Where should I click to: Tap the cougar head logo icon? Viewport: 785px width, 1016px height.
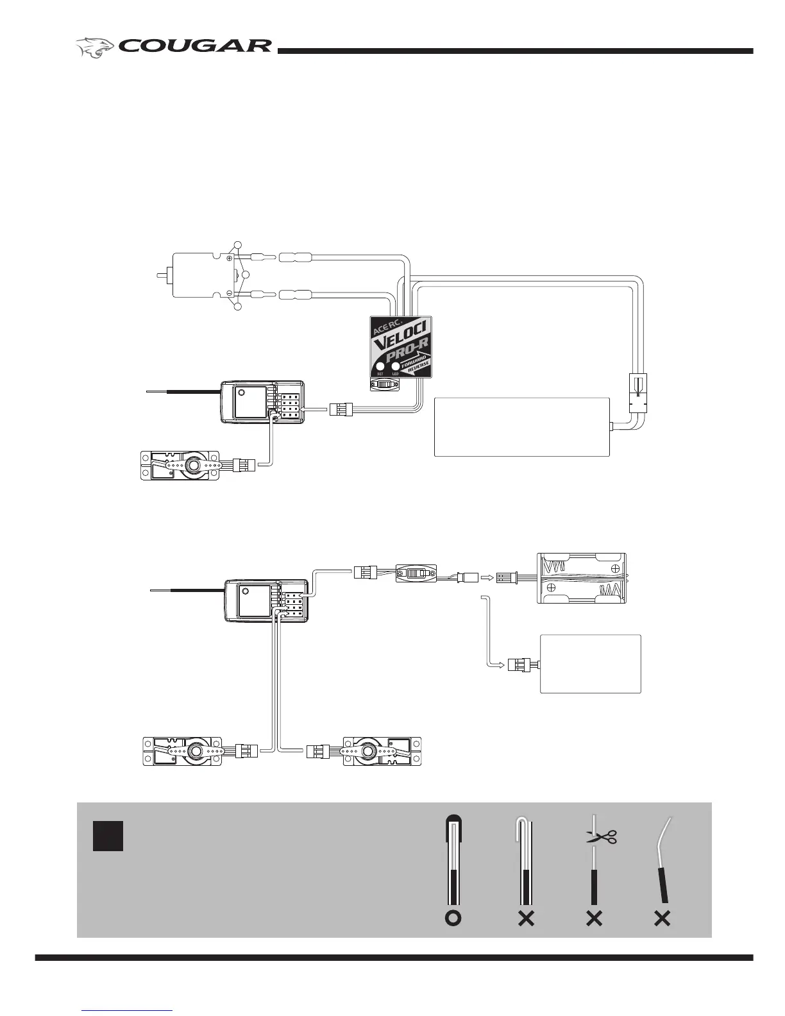96,47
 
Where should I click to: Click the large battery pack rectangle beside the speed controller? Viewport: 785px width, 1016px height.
521,427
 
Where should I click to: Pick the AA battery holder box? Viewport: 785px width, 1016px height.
581,578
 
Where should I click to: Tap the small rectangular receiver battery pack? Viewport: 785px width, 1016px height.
590,664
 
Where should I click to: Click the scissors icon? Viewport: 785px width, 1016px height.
601,836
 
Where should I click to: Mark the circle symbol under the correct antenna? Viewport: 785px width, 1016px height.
453,919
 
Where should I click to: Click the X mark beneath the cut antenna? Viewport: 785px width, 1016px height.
594,919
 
